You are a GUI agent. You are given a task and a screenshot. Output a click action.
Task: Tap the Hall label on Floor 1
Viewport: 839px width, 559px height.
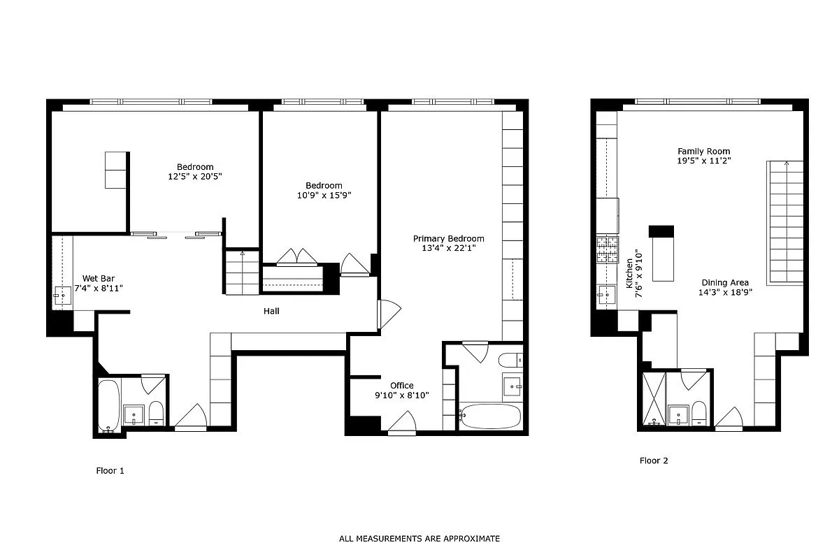(271, 311)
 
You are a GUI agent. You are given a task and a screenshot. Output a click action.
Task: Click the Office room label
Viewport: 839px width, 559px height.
(402, 385)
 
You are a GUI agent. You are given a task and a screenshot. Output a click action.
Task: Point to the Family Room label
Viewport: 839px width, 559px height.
(703, 151)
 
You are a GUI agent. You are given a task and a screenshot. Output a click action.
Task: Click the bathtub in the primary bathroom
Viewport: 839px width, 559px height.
(490, 417)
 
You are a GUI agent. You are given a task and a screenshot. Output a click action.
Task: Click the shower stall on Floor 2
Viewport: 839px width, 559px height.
(653, 399)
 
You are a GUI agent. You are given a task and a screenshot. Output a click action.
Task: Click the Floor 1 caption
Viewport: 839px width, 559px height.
(110, 471)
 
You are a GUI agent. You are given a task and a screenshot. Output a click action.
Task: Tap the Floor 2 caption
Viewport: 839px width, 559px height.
(654, 460)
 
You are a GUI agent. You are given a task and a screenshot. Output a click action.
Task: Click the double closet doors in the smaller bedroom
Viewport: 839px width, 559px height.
(297, 258)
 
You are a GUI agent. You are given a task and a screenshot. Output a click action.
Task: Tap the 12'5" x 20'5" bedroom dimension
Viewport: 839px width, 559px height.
(195, 176)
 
